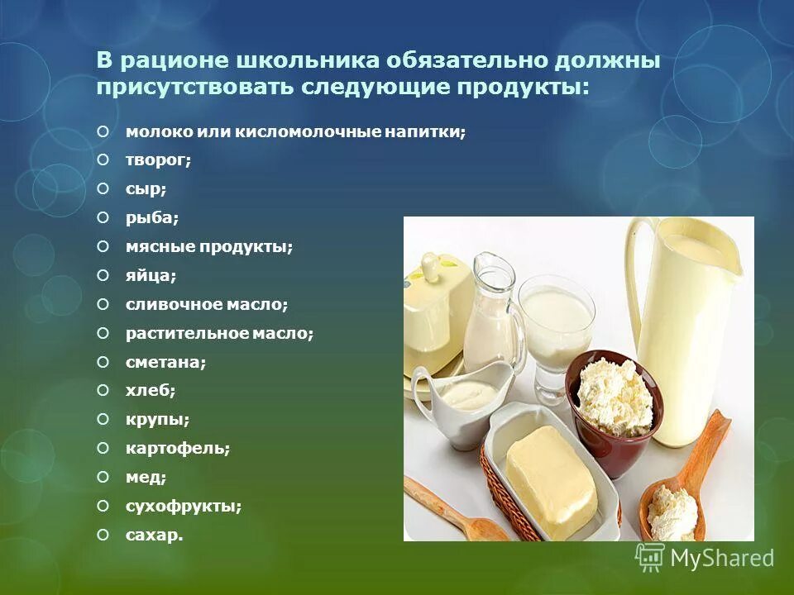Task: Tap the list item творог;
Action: click(x=158, y=160)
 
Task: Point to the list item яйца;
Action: click(x=151, y=275)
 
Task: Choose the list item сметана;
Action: click(x=165, y=362)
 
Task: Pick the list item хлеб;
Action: click(x=151, y=390)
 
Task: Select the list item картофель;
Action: click(x=177, y=448)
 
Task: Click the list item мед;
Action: click(x=146, y=477)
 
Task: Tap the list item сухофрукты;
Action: click(x=184, y=506)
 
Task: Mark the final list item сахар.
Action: click(x=154, y=535)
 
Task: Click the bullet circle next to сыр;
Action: click(x=103, y=189)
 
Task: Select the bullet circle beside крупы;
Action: click(x=103, y=419)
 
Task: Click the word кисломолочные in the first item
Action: click(x=307, y=131)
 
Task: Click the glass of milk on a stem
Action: click(x=560, y=331)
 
